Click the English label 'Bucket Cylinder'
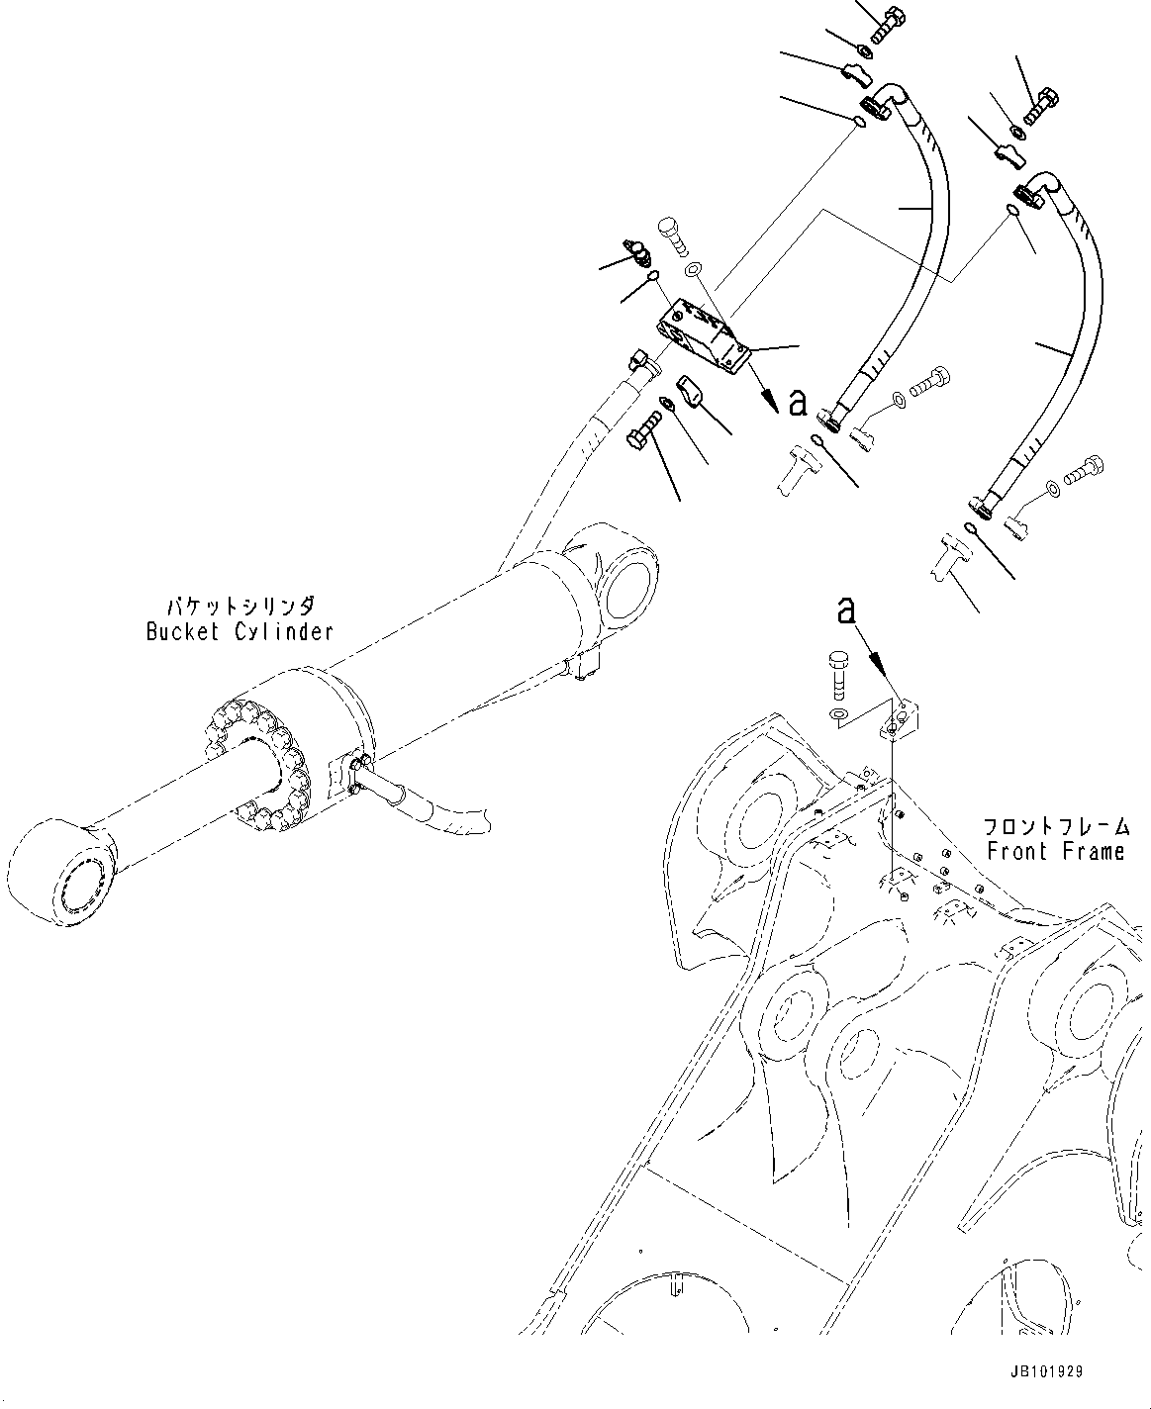pyautogui.click(x=240, y=632)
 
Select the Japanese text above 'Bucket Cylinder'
pyautogui.click(x=240, y=606)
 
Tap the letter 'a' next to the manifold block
pyautogui.click(x=798, y=402)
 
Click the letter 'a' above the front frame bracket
pyautogui.click(x=844, y=611)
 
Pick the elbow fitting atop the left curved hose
pyautogui.click(x=885, y=103)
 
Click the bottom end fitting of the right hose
pyautogui.click(x=989, y=504)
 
